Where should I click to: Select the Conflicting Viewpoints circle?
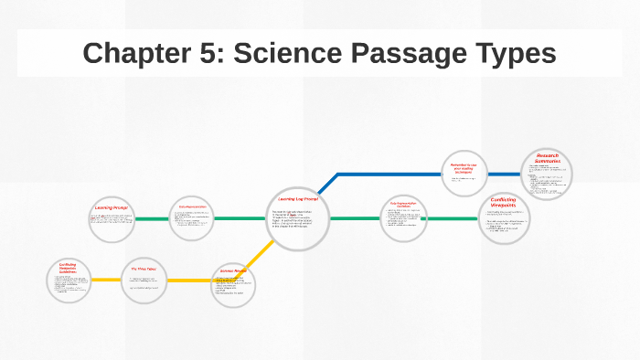tap(504, 217)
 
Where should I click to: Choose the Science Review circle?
tap(234, 284)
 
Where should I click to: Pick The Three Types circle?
tap(144, 280)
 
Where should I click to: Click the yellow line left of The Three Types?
tap(109, 280)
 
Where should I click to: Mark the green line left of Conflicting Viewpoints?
tap(453, 218)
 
